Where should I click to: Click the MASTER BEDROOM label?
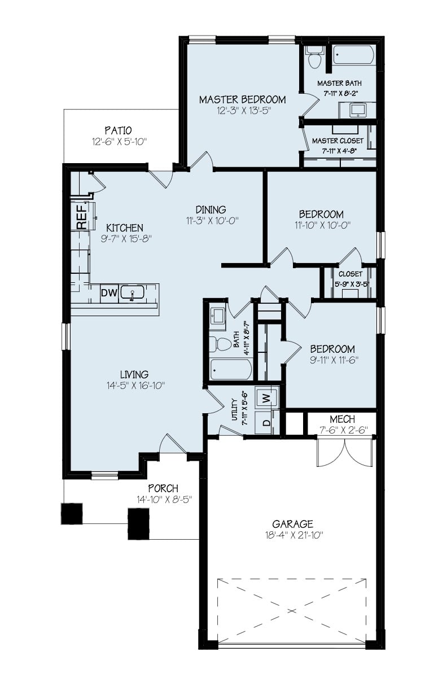click(243, 99)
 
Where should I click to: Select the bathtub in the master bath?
click(353, 55)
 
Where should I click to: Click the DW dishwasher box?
click(109, 293)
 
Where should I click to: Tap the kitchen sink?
click(132, 293)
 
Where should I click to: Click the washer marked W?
click(266, 397)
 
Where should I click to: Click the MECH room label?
click(342, 419)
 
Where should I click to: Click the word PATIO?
click(118, 130)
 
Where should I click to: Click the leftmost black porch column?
click(72, 514)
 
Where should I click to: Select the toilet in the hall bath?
click(220, 344)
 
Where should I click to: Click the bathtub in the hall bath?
click(231, 369)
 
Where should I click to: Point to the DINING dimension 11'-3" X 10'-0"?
click(213, 221)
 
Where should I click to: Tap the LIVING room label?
click(134, 374)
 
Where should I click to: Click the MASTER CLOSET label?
click(338, 141)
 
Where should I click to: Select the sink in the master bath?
click(358, 110)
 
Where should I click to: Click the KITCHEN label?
click(125, 228)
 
